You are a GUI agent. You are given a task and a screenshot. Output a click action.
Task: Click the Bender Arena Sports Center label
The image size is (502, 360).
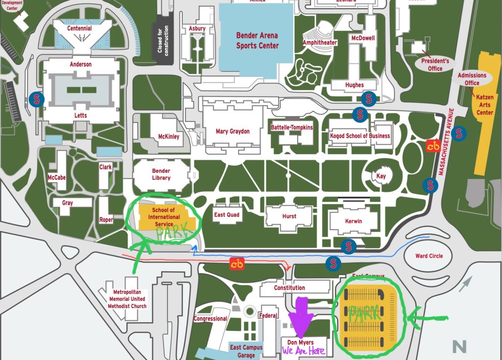tap(257, 40)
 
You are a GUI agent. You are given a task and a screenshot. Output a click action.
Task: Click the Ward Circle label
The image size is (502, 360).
tap(429, 256)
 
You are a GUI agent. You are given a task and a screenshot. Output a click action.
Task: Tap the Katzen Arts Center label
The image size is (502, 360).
tap(485, 104)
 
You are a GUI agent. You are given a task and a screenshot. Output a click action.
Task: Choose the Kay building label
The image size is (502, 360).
tap(381, 176)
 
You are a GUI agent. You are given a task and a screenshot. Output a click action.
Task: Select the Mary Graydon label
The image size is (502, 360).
tap(232, 131)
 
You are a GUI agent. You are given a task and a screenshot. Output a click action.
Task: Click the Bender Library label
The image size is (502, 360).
tap(161, 174)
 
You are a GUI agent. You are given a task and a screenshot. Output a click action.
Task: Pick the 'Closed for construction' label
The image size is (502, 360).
tap(163, 42)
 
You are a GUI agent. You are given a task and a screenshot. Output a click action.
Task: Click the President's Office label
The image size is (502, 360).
tap(435, 65)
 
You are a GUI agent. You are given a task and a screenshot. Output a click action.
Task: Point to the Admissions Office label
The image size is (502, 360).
tap(472, 79)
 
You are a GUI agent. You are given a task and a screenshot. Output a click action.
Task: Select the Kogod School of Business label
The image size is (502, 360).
tap(360, 136)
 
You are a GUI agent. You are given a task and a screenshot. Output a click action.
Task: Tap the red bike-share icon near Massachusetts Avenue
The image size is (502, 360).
tap(433, 146)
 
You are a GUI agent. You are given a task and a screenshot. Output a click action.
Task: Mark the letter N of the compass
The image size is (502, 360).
tap(459, 347)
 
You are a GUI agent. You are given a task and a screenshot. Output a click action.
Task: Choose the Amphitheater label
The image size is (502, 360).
tap(320, 43)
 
